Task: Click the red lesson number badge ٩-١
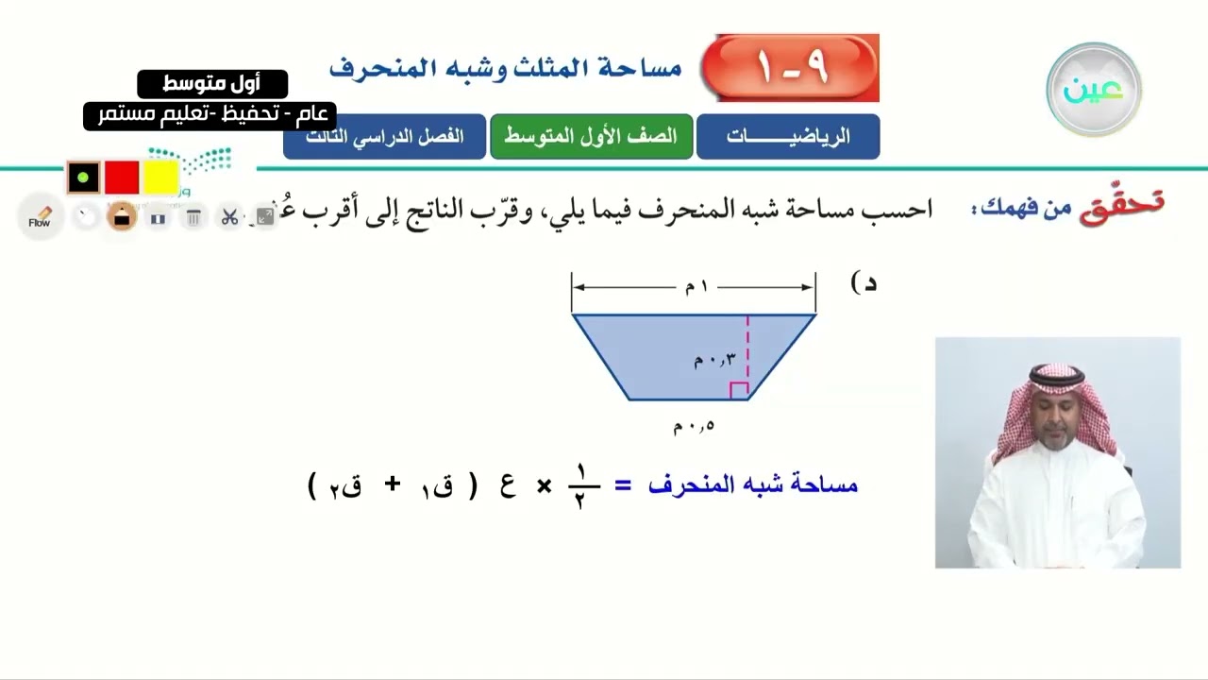791,68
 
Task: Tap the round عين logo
1094,90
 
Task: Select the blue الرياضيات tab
788,136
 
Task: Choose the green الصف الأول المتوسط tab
591,136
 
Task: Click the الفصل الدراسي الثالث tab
385,136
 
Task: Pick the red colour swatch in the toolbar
122,177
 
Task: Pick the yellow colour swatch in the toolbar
161,177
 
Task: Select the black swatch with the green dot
83,177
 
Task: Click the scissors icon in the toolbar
229,218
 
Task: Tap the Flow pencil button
40,218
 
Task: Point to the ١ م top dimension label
696,286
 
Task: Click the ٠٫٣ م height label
714,360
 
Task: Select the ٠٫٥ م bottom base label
694,426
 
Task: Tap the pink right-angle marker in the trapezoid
739,390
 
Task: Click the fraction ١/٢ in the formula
579,485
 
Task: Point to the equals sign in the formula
623,485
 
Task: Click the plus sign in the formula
393,485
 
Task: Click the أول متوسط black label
212,84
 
